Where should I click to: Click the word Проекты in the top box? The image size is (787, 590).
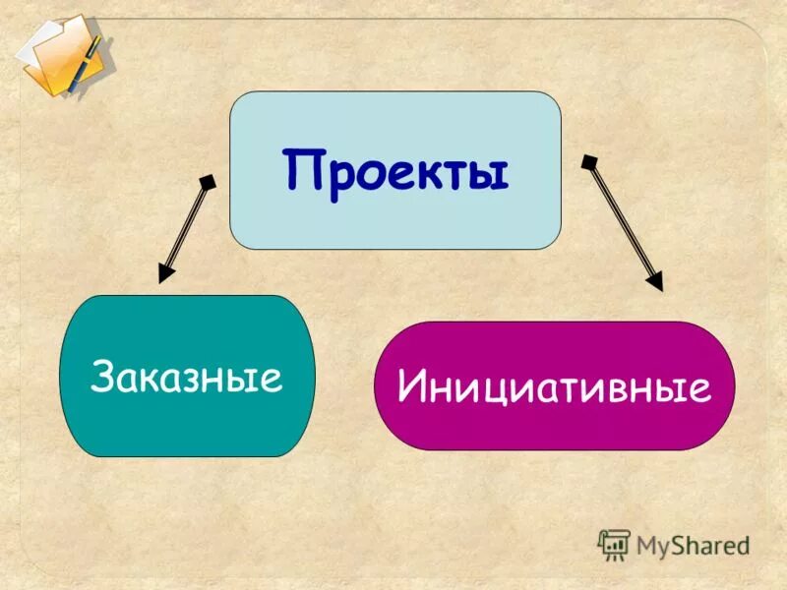[395, 169]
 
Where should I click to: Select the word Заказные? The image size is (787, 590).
[186, 377]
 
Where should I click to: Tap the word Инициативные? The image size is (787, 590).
[554, 386]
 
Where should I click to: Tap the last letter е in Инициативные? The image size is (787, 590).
[699, 390]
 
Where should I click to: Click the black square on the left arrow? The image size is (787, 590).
[208, 181]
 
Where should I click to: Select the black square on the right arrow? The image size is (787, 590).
[588, 161]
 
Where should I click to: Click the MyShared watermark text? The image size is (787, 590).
[693, 545]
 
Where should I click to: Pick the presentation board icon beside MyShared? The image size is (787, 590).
[614, 544]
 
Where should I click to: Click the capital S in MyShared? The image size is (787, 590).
[678, 545]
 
